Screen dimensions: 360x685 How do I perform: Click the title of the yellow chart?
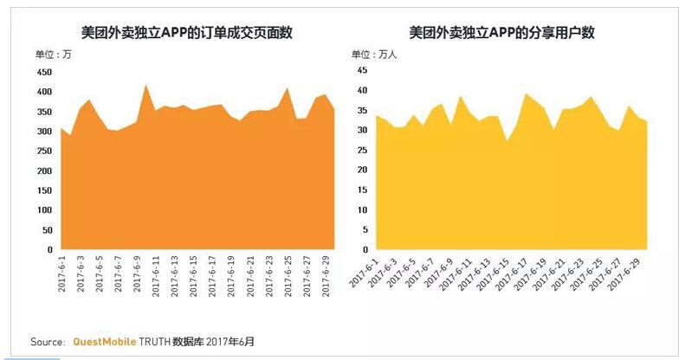pos(506,33)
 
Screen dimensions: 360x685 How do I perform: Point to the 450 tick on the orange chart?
pos(43,73)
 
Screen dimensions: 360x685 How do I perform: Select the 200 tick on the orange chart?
pos(43,171)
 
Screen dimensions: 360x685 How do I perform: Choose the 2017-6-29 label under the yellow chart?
pos(630,272)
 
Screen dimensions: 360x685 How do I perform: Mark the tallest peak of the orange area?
pos(145,85)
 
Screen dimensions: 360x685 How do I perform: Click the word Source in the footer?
pos(48,341)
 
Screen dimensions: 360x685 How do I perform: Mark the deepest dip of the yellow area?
pos(507,140)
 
